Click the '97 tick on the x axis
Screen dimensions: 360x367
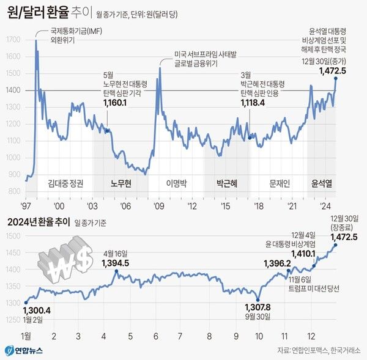coord(26,205)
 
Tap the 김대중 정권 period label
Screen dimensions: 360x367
coord(65,183)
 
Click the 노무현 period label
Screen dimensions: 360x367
coord(122,183)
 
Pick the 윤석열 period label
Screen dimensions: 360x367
coord(322,183)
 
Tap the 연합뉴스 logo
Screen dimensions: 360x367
coord(24,350)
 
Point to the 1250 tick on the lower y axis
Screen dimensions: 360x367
coord(11,320)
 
